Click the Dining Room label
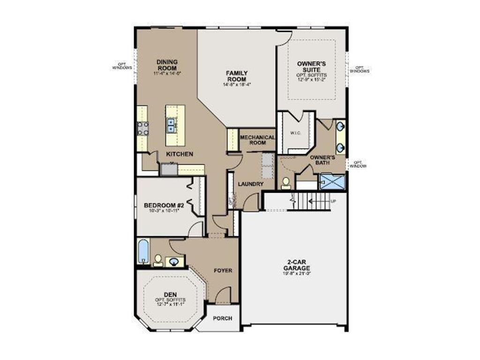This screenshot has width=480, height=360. [167, 65]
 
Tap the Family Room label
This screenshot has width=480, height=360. [237, 76]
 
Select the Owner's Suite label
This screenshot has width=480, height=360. [312, 66]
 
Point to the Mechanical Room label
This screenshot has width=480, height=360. [257, 140]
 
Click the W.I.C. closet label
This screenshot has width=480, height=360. [295, 133]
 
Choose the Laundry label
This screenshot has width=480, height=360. [251, 184]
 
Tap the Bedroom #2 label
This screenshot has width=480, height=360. [163, 205]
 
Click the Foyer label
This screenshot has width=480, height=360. [223, 270]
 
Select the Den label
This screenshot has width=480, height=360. [170, 294]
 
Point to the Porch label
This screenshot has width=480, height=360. [223, 318]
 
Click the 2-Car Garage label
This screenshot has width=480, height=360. [296, 265]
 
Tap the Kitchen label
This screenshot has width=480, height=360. [179, 154]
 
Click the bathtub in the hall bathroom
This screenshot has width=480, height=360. [143, 252]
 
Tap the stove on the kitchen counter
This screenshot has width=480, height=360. [143, 128]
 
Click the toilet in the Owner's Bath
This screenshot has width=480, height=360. [285, 183]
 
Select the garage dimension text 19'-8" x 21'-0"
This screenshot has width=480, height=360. [296, 273]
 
